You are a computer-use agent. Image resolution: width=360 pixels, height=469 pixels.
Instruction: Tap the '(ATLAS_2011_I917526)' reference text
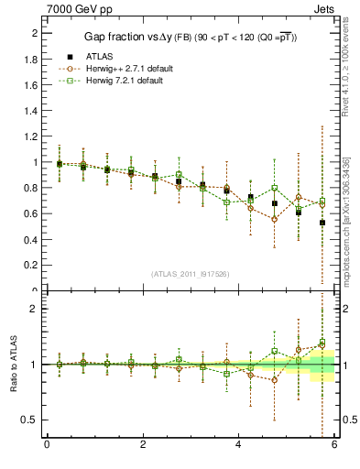tap(190, 274)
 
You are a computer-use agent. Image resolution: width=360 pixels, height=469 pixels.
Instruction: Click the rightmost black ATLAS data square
tap(322, 223)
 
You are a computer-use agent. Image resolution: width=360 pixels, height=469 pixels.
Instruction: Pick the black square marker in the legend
tap(70, 57)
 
